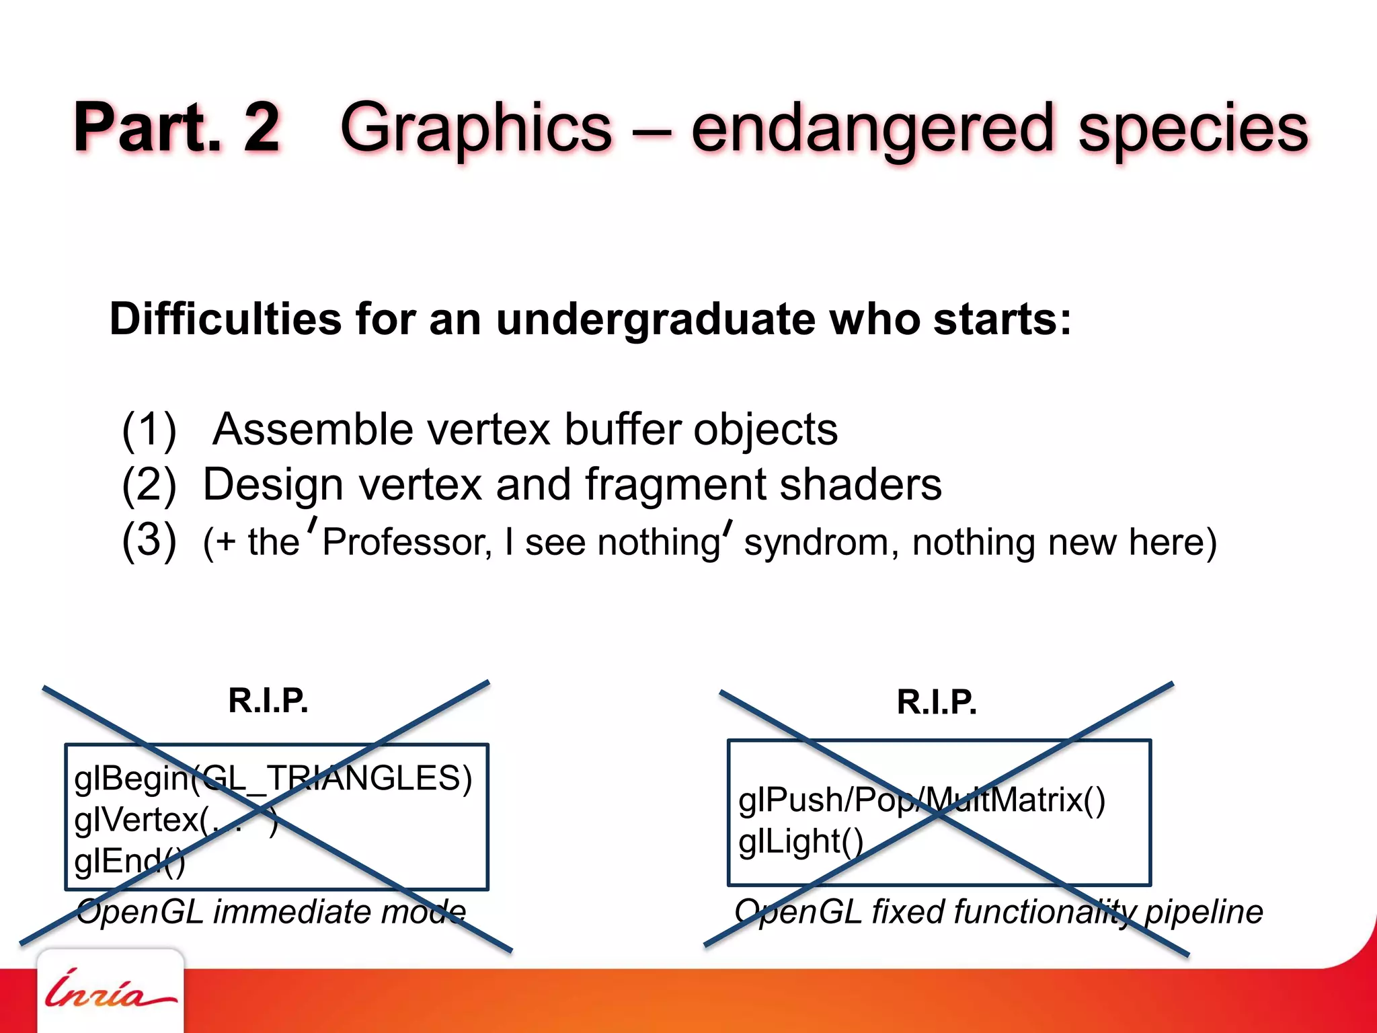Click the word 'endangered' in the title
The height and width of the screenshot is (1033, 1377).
(872, 128)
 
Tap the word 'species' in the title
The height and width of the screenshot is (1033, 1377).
(1193, 128)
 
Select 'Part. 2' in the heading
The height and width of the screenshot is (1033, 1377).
(176, 128)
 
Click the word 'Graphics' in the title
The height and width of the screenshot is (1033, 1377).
(476, 128)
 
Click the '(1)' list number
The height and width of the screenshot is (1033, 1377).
(149, 430)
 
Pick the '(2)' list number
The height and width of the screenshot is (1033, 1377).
(149, 485)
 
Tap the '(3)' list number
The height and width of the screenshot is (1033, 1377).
(149, 541)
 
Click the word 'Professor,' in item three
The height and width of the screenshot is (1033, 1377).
(407, 542)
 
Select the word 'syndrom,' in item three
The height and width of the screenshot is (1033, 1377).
(821, 542)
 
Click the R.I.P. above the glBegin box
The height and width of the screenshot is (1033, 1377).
(268, 700)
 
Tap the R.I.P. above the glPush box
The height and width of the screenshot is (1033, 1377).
(937, 702)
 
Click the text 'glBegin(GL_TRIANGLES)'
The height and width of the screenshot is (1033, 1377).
(273, 779)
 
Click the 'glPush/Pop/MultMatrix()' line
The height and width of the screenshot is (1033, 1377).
(921, 800)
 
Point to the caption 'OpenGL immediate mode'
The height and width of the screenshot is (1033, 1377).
(271, 912)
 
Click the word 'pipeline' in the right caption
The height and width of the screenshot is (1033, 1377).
(1204, 912)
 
